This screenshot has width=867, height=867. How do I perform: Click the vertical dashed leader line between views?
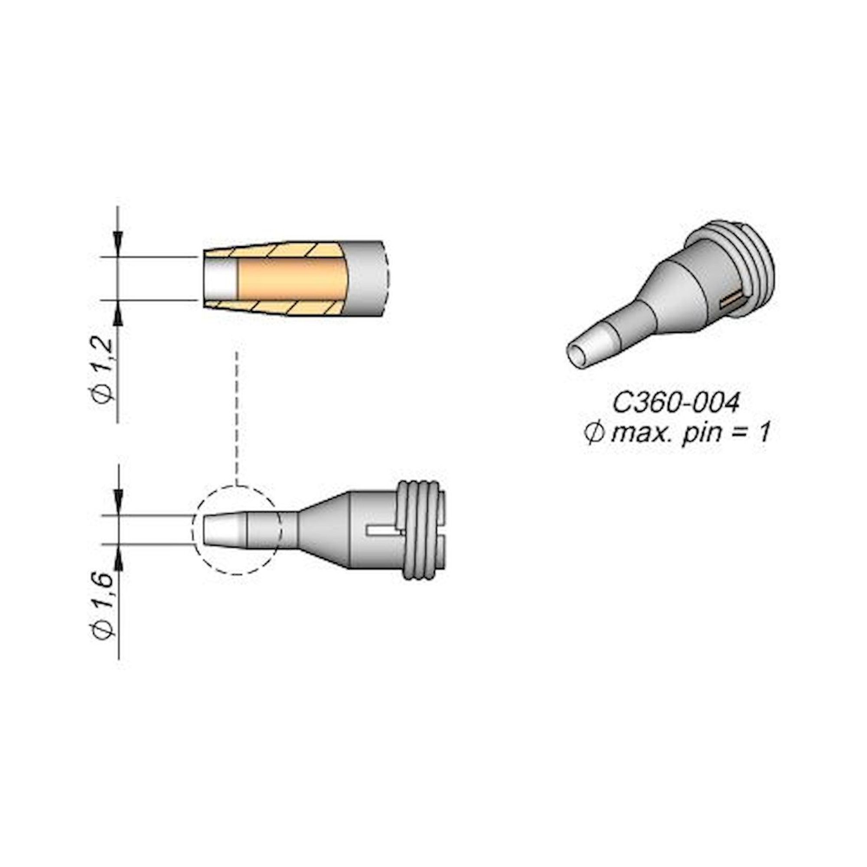point(237,417)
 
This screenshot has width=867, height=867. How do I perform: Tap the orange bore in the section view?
point(292,279)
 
